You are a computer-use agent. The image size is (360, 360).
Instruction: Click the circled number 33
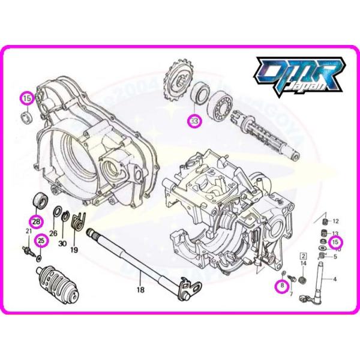point(194,121)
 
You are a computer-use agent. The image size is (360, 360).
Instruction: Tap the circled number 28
point(37,221)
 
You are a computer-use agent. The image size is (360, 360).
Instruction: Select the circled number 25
point(41,242)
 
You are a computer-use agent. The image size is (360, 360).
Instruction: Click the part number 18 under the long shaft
point(140,289)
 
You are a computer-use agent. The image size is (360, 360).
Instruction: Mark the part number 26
point(53,234)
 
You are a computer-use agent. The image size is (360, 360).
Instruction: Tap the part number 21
point(28,232)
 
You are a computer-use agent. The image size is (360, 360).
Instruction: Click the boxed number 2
point(303,256)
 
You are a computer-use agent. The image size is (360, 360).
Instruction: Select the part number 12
point(335,221)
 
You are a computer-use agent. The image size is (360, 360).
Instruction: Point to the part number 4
point(335,279)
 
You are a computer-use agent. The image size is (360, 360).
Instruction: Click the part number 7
point(291,293)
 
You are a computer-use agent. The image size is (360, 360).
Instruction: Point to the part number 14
point(303,264)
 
